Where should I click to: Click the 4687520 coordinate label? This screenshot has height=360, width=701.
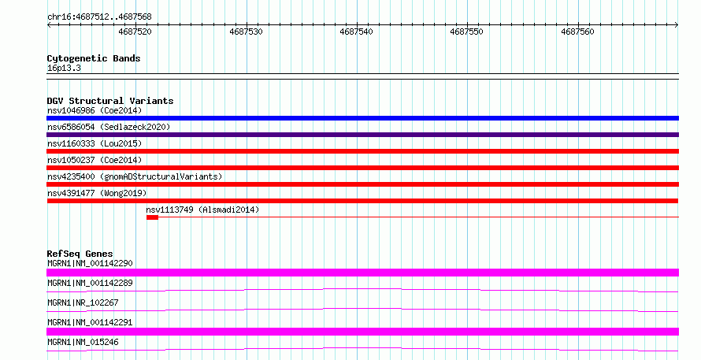pos(135,32)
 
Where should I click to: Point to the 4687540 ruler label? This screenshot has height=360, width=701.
pos(356,32)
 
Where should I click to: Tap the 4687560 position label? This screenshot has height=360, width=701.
pos(577,32)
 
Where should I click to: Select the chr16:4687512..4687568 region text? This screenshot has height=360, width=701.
pos(99,17)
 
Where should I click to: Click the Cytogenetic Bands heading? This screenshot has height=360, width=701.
pos(94,58)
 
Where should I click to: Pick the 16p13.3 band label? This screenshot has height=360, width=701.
pos(64,69)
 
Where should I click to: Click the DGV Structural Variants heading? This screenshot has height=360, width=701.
pos(110,101)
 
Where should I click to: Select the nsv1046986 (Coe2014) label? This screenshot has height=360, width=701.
pos(95,110)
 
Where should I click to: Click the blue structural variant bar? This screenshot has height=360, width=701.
pos(362,118)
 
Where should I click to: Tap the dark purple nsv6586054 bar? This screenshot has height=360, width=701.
pos(362,135)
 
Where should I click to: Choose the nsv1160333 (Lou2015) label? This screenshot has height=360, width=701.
pos(95,143)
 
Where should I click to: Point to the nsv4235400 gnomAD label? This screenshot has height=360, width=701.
pos(135,176)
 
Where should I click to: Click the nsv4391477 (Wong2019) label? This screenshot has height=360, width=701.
pos(97,193)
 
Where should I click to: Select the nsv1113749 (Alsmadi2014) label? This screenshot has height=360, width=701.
pos(202,210)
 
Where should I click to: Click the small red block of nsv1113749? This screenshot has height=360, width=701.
pos(152,217)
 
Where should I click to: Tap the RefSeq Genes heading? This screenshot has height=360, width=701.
pos(80,254)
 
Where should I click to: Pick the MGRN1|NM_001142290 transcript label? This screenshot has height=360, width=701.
pos(90,263)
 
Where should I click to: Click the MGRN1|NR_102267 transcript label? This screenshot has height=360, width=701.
pos(83,302)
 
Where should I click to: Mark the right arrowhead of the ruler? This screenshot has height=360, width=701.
pos(677,24)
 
